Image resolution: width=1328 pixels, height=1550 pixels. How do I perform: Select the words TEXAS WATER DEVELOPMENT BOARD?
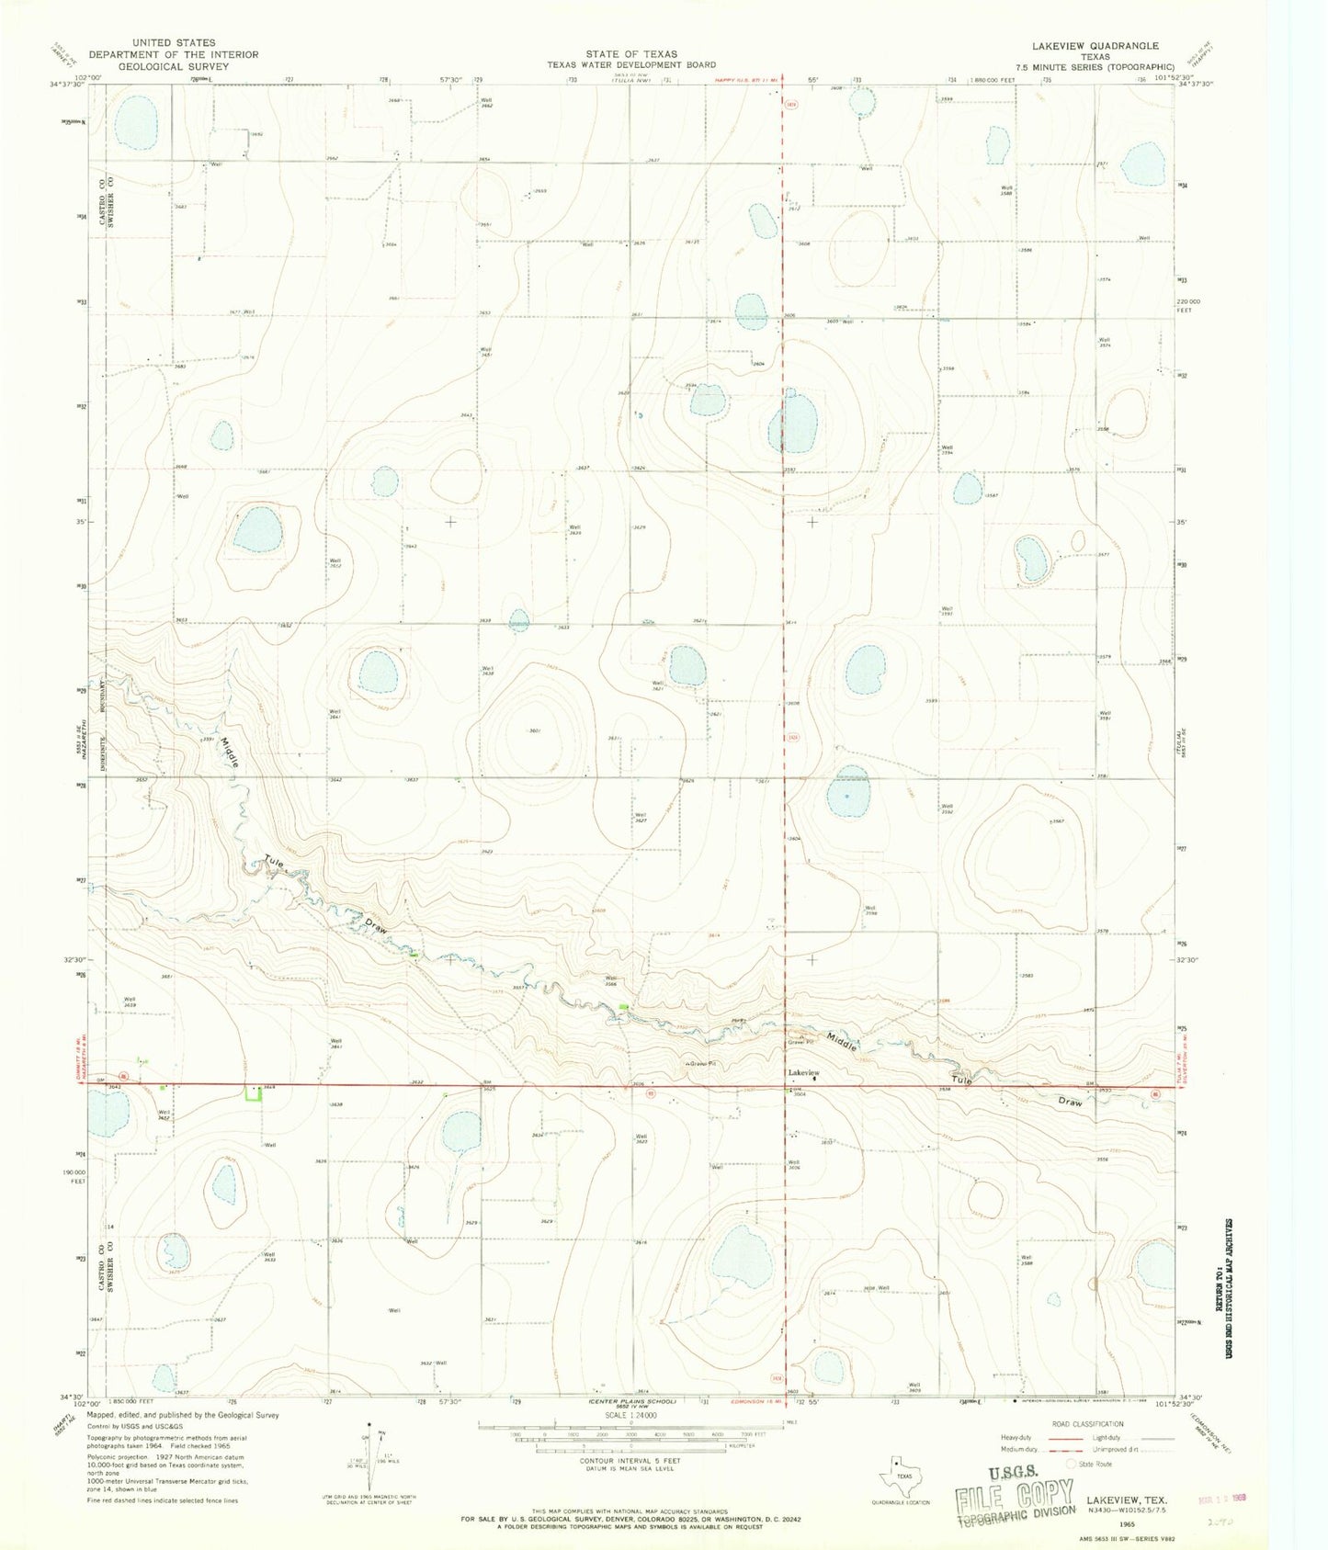(x=632, y=65)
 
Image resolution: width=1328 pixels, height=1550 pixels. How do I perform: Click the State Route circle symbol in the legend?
(x=1072, y=1465)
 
